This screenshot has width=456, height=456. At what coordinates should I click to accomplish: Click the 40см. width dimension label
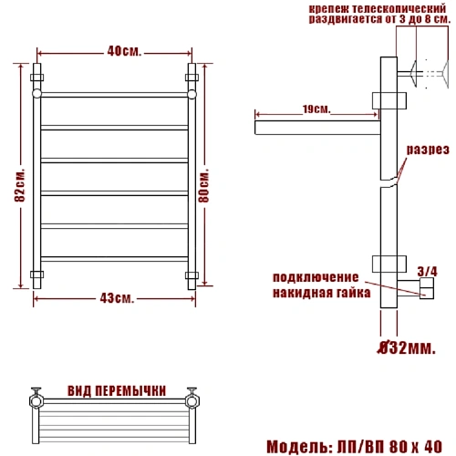(124, 51)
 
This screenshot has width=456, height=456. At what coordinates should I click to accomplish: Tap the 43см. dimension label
(117, 298)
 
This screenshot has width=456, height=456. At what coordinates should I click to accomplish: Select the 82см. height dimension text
(19, 185)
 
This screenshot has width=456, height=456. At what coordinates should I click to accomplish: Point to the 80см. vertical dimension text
(203, 185)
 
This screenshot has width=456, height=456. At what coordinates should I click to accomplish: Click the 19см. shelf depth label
(316, 109)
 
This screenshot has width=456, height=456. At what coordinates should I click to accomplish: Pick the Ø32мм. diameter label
(407, 347)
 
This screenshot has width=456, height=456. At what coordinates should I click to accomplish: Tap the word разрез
(428, 150)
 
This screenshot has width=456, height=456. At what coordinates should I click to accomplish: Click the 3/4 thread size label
(427, 272)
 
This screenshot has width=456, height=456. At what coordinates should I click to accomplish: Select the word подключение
(316, 277)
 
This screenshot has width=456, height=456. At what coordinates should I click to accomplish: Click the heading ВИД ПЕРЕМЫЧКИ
(117, 391)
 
